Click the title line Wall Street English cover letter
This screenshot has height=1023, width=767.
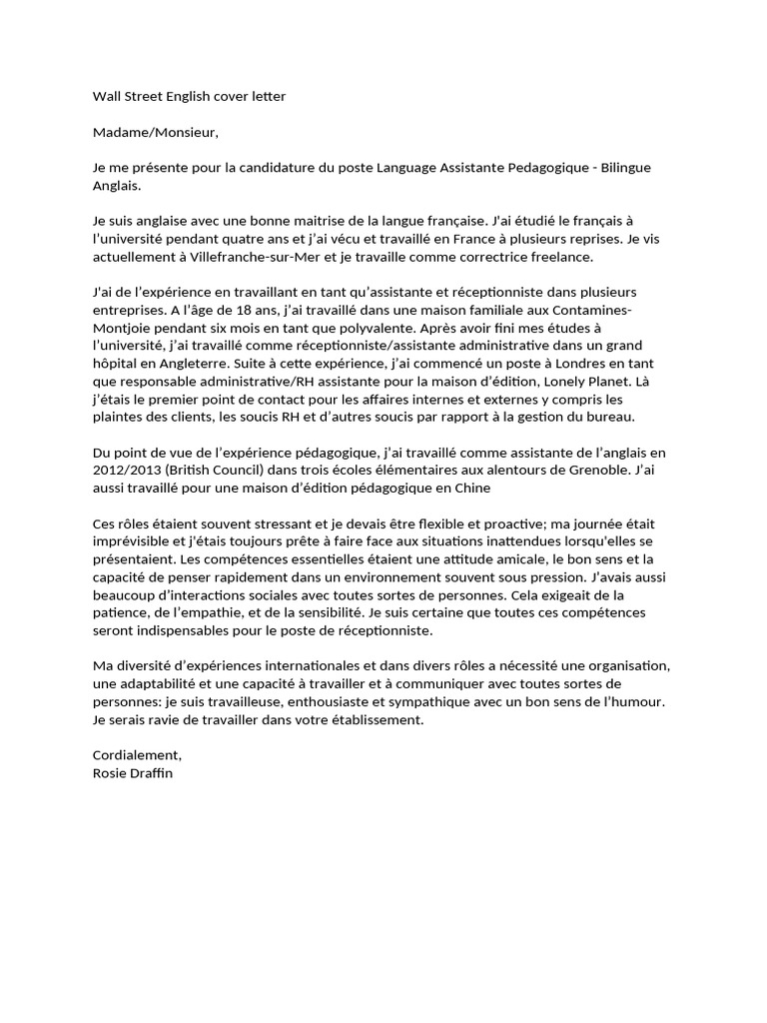coord(189,96)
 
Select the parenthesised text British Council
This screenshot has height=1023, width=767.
coord(218,470)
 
